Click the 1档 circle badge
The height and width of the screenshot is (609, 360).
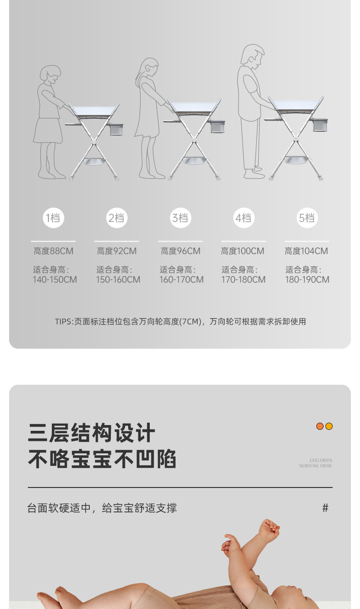point(53,218)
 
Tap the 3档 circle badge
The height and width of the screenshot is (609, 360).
point(180,218)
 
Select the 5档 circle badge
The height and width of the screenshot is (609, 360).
point(307,218)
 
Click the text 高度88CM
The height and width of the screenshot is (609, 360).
point(53,251)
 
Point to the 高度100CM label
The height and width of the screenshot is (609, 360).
point(242,251)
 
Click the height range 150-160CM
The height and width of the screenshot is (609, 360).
point(118,280)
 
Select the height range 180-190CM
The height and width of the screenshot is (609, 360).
point(307,280)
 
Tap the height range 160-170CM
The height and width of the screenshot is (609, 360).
point(181,280)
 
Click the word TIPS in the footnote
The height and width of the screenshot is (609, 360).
point(63,322)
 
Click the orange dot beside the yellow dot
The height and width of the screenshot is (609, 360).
point(320,426)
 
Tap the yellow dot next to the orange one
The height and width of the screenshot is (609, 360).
point(329,426)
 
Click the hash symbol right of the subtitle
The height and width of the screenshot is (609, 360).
point(325,508)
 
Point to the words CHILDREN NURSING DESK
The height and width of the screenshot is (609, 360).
point(315,463)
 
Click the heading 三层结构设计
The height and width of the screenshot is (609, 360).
point(92,433)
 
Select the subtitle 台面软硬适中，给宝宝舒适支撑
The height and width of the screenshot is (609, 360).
point(102,508)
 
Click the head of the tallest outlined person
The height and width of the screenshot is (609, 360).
point(252,57)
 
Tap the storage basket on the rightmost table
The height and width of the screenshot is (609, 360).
point(320,125)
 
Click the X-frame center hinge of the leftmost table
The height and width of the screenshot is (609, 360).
point(94,141)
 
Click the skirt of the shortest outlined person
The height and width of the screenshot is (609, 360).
point(48,131)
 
